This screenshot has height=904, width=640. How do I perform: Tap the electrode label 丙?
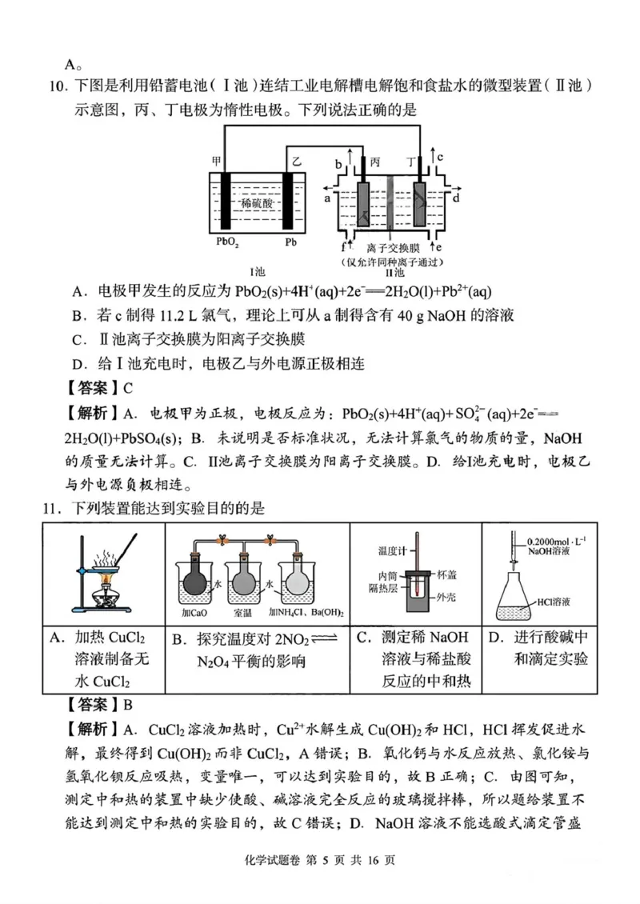click(375, 162)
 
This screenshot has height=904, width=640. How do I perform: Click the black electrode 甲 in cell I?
click(226, 200)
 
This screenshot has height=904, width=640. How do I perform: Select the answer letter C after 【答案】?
click(127, 389)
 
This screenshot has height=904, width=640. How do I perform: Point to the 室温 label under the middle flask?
click(246, 613)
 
